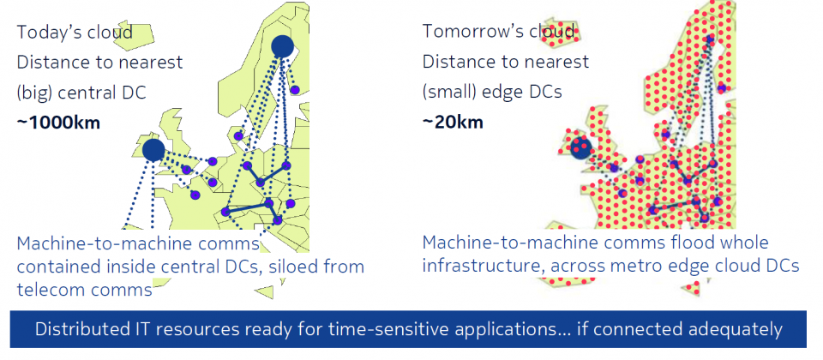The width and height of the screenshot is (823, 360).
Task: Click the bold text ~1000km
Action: coord(58,123)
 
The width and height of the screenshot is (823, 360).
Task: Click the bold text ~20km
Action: coord(453,123)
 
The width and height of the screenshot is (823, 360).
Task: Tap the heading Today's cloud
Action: coord(75,33)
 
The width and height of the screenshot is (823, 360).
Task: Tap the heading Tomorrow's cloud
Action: coord(499,32)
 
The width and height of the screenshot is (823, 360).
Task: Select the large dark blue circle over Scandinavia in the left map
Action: coord(282,46)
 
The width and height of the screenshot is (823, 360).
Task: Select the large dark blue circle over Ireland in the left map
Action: coord(153,150)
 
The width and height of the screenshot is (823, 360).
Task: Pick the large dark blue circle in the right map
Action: coord(581,148)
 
